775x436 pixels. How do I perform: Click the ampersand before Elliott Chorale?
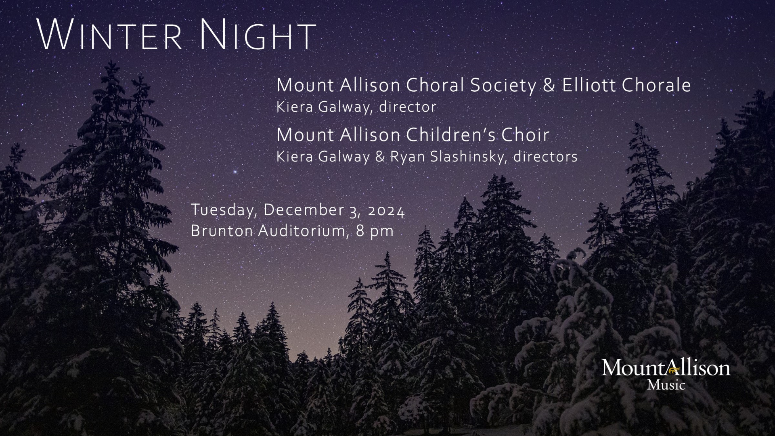coord(549,86)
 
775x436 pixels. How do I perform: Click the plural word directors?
coord(545,157)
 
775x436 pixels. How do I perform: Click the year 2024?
coord(386,211)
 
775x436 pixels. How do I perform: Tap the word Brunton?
coord(222,231)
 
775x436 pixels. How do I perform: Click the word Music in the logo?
coord(666,385)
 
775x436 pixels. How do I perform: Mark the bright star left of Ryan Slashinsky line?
coord(235,172)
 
